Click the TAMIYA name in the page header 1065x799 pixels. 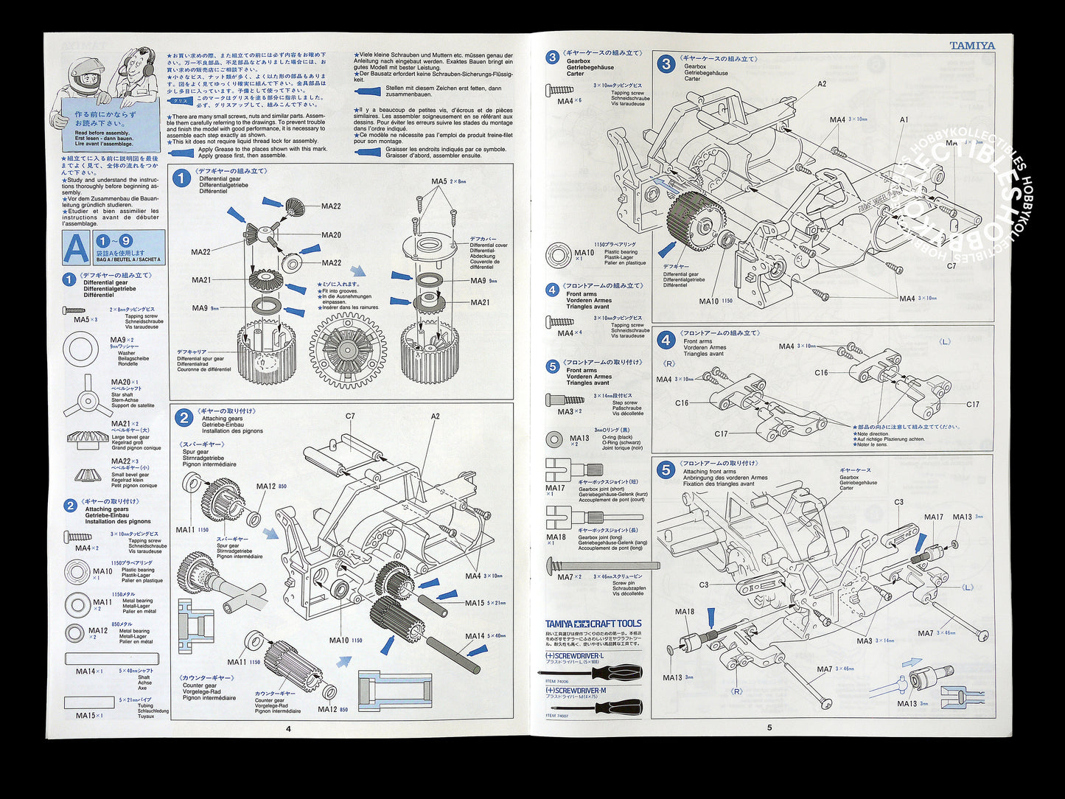(x=971, y=46)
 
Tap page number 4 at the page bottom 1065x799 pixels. (x=288, y=729)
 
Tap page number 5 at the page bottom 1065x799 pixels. (x=769, y=728)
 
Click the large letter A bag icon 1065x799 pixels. (x=76, y=248)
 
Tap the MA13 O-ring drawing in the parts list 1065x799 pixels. (x=554, y=439)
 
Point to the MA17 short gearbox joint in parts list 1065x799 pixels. (x=573, y=468)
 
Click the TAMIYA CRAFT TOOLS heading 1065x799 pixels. (x=593, y=624)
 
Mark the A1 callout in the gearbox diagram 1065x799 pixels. (x=904, y=119)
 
